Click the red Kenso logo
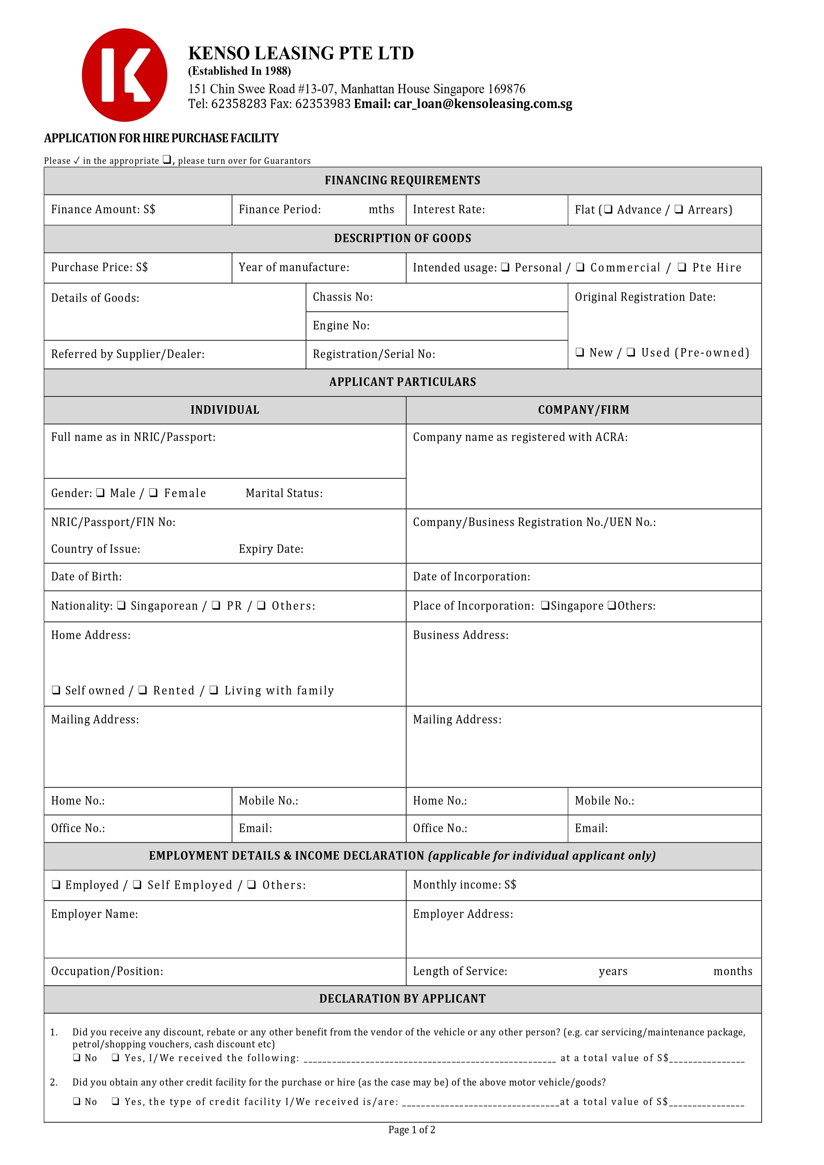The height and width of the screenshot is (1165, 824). (x=124, y=75)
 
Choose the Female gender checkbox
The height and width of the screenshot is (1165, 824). (x=153, y=493)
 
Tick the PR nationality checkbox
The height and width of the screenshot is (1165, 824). (x=216, y=605)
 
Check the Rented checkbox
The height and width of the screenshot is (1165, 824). (x=143, y=690)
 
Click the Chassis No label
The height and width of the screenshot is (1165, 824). (x=343, y=297)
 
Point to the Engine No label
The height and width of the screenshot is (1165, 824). (x=341, y=326)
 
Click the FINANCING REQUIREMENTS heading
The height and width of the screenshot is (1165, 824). (x=402, y=181)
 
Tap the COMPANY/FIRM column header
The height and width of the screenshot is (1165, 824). (x=584, y=410)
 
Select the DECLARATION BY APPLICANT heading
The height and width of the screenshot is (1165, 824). (x=402, y=999)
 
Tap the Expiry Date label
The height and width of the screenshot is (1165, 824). (x=271, y=549)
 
